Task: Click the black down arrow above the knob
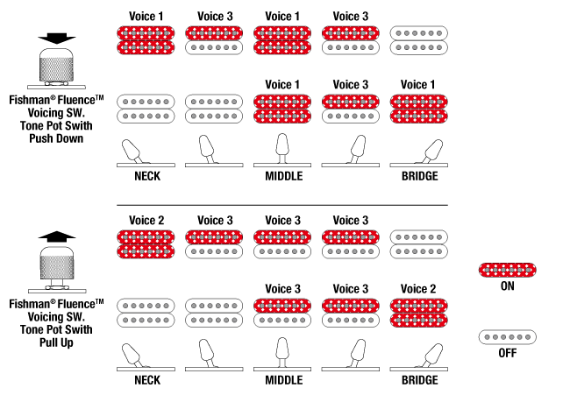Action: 57,38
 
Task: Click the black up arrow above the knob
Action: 57,236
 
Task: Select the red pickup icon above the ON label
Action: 507,270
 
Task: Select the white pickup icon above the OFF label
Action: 507,337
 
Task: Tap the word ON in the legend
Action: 508,286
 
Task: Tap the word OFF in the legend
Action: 508,353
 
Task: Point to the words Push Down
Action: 56,138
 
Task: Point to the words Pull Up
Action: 56,342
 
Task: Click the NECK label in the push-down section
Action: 147,176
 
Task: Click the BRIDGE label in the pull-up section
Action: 419,380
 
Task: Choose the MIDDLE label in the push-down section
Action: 283,176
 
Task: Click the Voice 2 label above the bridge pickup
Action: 418,289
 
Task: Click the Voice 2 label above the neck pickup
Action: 146,220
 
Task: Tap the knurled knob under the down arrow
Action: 56,66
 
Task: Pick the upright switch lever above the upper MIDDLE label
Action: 282,148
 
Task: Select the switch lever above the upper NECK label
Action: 132,151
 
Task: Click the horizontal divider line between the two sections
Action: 282,205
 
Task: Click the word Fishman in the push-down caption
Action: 29,100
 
